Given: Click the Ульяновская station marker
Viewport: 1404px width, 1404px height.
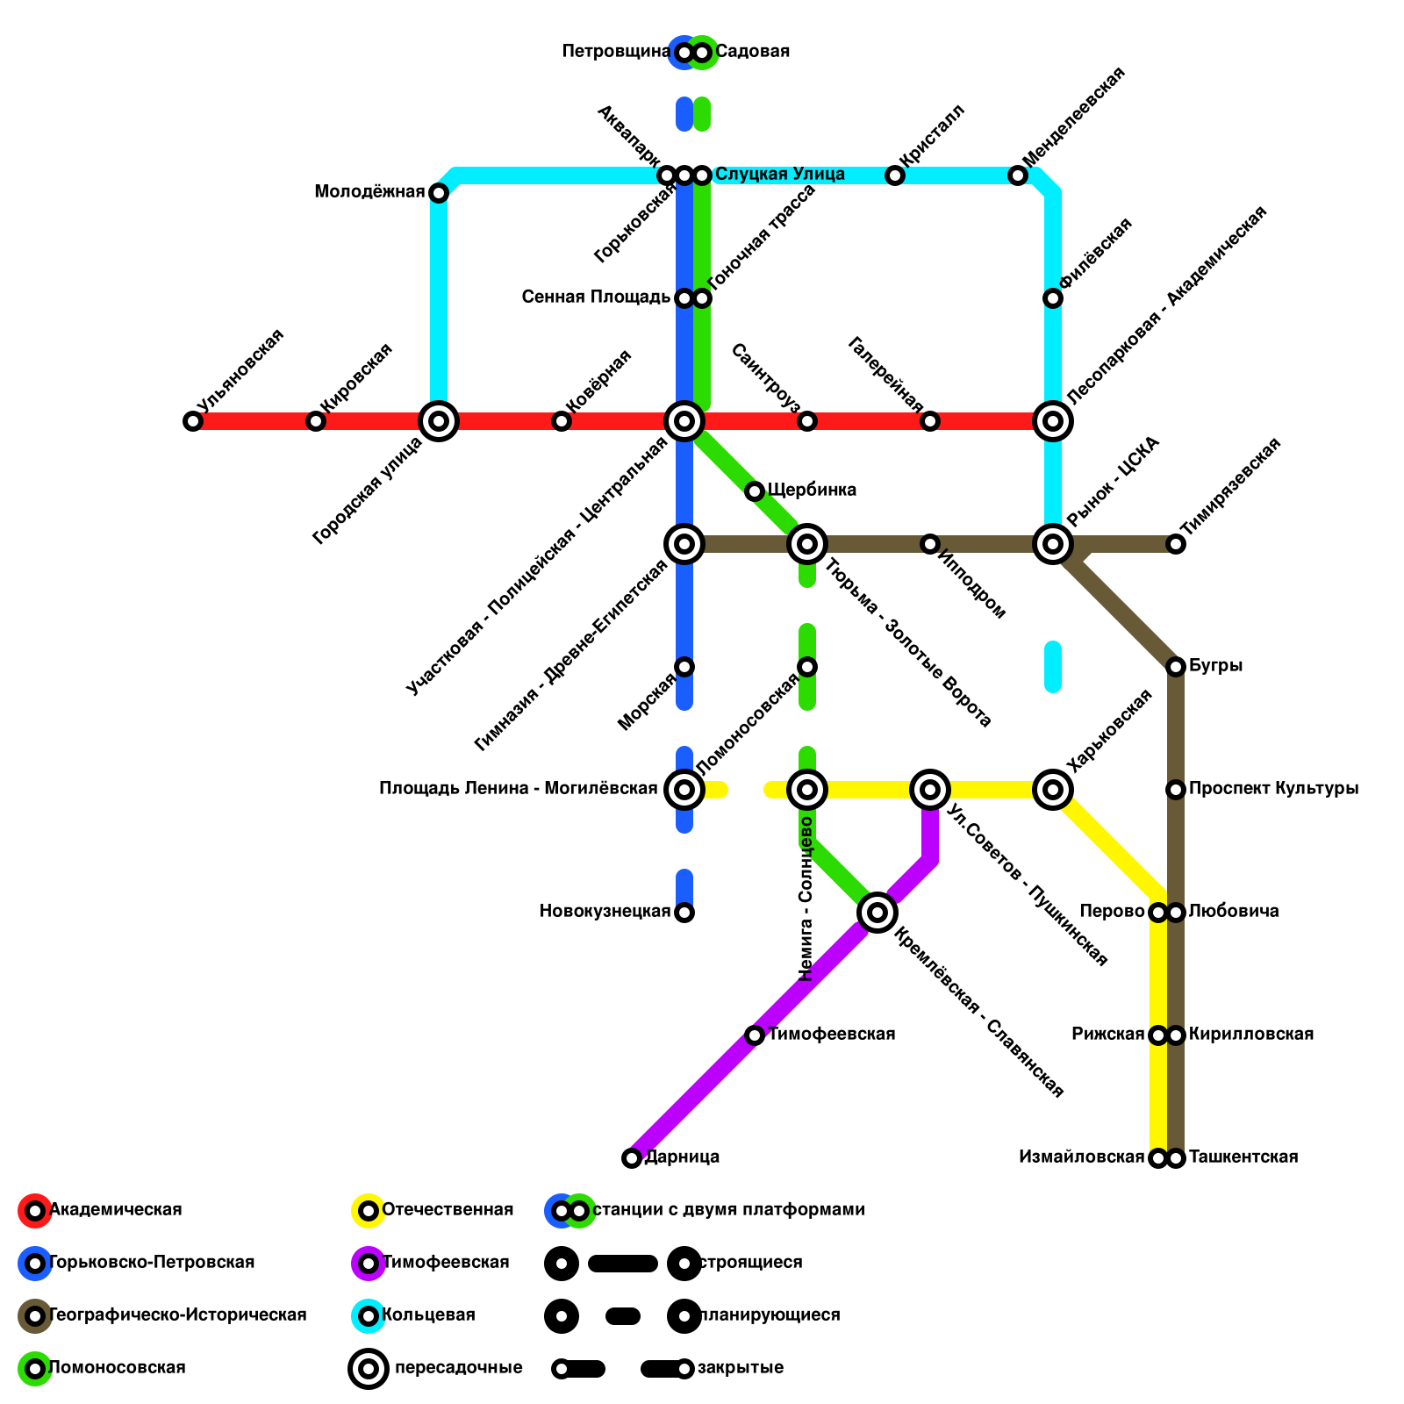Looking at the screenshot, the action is point(193,421).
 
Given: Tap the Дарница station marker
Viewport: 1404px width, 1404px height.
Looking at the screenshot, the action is point(632,1158).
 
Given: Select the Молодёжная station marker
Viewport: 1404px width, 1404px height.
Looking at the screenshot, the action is point(439,193).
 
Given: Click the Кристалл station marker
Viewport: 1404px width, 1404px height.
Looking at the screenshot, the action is point(895,175).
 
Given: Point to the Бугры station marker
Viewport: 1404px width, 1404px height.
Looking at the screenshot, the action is point(1176,667).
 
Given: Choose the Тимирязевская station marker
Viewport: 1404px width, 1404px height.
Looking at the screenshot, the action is point(1176,544).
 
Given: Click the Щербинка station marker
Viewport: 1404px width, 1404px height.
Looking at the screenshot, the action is point(755,491).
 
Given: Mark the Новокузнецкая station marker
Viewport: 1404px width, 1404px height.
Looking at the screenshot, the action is point(684,913).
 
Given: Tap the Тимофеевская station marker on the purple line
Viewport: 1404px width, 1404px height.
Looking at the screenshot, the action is point(755,1035).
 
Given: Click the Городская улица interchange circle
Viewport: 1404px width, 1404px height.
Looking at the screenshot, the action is point(439,421).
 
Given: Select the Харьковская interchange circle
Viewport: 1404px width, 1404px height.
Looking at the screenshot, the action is point(1053,790).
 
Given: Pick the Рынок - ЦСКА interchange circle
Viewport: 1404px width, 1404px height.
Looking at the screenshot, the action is point(1053,544).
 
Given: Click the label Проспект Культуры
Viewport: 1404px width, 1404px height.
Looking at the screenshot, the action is point(1273,789).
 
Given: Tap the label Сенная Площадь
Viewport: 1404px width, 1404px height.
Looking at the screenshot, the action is point(596,297).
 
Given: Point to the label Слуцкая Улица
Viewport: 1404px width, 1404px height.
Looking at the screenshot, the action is point(779,175).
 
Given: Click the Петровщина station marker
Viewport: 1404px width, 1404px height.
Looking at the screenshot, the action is point(684,53).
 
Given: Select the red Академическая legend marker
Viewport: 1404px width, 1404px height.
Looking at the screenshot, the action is point(35,1211).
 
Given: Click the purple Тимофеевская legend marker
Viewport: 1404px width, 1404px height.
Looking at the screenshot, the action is point(369,1264).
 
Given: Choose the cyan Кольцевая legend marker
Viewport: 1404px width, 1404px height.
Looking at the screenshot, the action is point(369,1316).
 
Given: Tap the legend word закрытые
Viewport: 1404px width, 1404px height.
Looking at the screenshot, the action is point(740,1368).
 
